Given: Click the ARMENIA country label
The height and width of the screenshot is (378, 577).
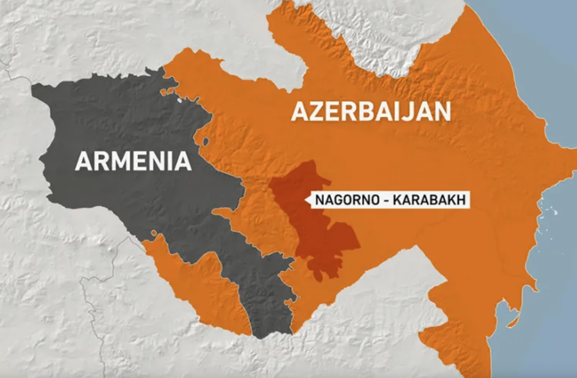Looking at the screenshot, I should coord(133,161).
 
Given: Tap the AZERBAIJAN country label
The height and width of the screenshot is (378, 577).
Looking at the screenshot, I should coord(371,111).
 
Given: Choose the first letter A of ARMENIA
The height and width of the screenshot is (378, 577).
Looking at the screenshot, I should coord(81,161).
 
